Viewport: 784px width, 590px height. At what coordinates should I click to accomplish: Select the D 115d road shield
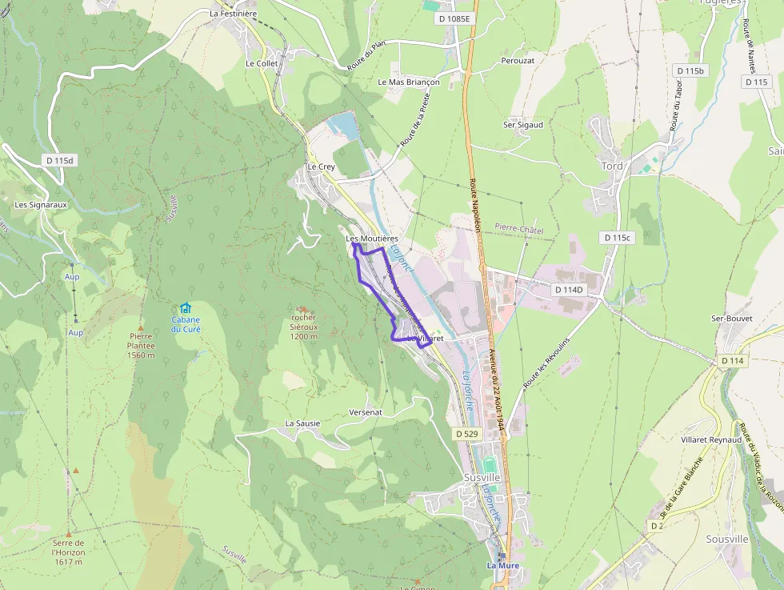coord(60,160)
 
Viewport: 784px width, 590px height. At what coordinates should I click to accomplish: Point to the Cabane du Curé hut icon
coord(186,308)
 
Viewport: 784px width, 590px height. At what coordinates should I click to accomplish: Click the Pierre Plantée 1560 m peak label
coord(141,346)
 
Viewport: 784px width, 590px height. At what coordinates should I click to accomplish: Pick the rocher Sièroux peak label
coord(303,327)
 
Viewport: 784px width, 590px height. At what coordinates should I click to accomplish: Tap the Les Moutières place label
coord(372,239)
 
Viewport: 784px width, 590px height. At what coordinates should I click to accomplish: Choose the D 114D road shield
coord(569,289)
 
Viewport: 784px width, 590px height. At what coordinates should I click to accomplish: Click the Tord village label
coord(612,166)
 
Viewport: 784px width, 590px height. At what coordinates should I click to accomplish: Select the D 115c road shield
coord(617,238)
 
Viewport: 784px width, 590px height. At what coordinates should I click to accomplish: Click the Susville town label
coord(482,477)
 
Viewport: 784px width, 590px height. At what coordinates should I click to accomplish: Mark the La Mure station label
coord(503,565)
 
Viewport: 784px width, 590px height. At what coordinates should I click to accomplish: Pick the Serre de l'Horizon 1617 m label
coord(68,552)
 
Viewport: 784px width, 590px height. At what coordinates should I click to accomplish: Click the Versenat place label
coord(366,411)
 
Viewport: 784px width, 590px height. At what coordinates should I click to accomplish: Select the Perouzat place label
coord(518,60)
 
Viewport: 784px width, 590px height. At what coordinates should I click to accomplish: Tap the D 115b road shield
coord(691,70)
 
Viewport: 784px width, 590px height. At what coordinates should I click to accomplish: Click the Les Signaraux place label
coord(41,204)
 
